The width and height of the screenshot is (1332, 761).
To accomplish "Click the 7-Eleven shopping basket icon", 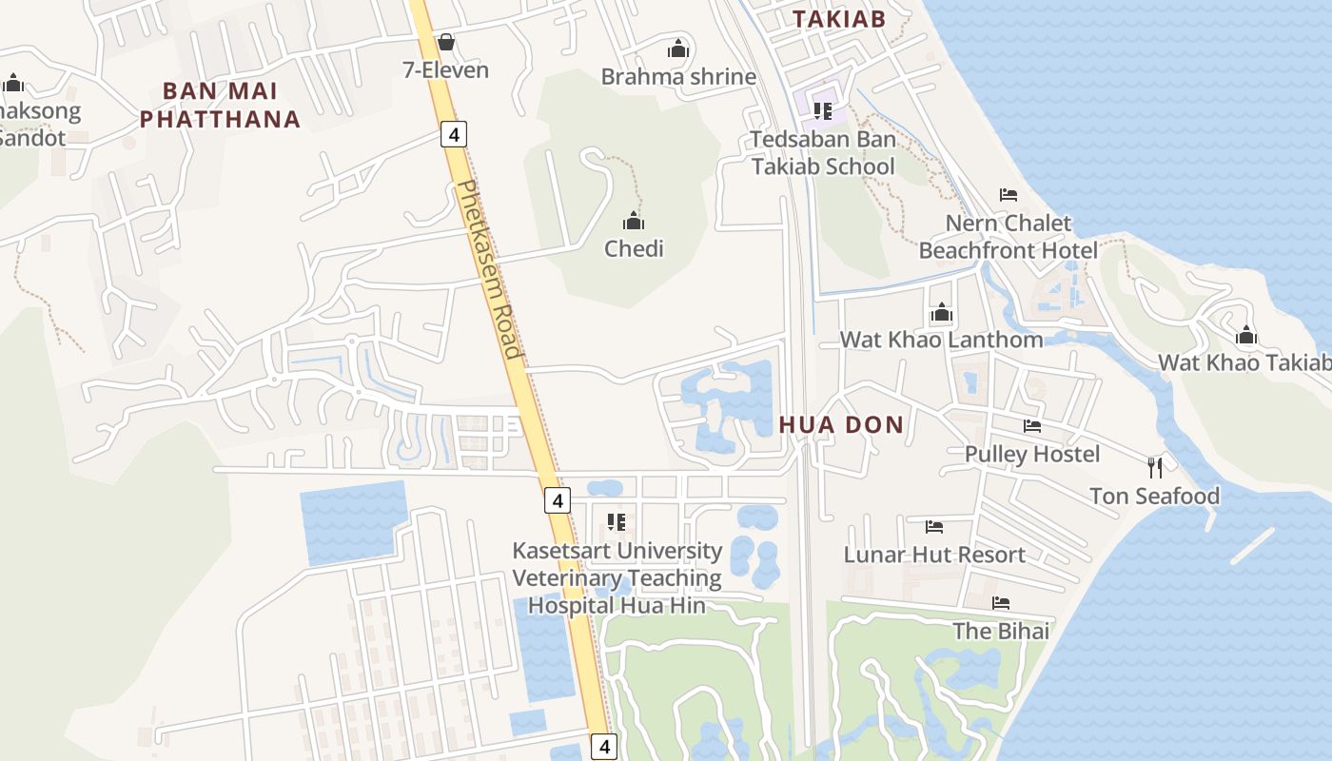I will (x=445, y=42).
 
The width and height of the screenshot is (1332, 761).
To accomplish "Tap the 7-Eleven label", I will (x=445, y=70).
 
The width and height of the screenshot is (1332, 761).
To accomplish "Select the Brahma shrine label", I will (x=678, y=77).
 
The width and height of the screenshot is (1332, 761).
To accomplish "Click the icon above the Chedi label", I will (x=634, y=222).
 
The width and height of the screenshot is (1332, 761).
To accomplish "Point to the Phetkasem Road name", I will (x=490, y=270).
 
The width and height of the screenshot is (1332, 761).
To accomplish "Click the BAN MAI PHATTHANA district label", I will (x=220, y=105).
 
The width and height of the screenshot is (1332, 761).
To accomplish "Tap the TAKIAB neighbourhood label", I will (x=839, y=19).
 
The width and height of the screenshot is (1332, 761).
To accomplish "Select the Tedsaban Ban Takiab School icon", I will (x=823, y=111).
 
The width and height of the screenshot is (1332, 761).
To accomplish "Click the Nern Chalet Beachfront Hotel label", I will (x=1008, y=237).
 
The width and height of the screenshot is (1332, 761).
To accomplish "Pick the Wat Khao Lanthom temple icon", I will (x=942, y=312).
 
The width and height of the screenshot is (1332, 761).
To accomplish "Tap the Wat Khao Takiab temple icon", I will (x=1246, y=335).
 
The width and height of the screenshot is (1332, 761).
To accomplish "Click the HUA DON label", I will (x=841, y=425).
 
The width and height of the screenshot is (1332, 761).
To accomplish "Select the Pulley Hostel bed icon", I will (x=1032, y=426).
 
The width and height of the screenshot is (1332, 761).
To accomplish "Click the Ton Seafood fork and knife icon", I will (x=1155, y=467).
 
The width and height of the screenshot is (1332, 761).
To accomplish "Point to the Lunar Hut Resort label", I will (x=934, y=555).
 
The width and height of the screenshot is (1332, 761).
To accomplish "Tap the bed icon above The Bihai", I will (x=1001, y=603).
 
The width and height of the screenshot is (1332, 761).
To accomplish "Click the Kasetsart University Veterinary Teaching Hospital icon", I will (x=617, y=522).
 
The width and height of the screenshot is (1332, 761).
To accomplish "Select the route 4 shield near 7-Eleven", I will (x=454, y=135).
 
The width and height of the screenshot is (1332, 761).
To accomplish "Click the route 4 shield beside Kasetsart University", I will (x=558, y=499).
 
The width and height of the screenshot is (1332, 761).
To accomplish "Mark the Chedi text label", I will (x=634, y=249).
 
